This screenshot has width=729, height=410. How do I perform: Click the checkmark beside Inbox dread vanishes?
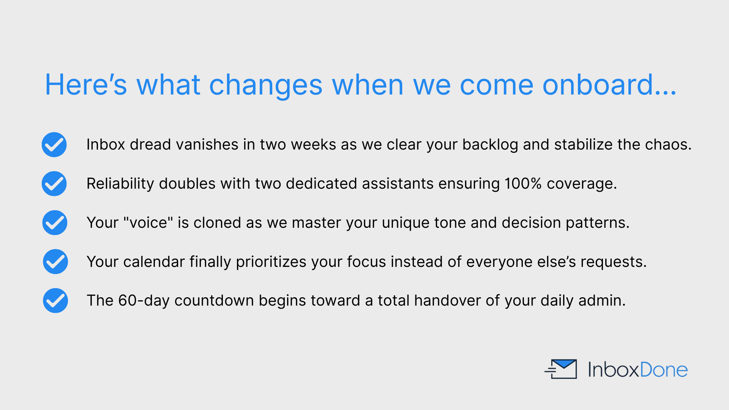click(x=54, y=145)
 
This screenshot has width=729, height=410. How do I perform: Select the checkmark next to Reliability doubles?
click(x=54, y=184)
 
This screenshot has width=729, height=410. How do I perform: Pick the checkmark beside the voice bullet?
click(x=55, y=223)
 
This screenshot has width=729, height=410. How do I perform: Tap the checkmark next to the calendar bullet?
click(x=55, y=262)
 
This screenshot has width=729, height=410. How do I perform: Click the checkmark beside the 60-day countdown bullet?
click(x=55, y=301)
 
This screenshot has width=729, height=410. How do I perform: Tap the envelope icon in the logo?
click(x=561, y=369)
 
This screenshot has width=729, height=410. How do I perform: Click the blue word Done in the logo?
click(x=664, y=370)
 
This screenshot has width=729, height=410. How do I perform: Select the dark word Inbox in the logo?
click(x=614, y=370)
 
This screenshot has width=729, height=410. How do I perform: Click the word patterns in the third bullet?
click(x=598, y=223)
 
